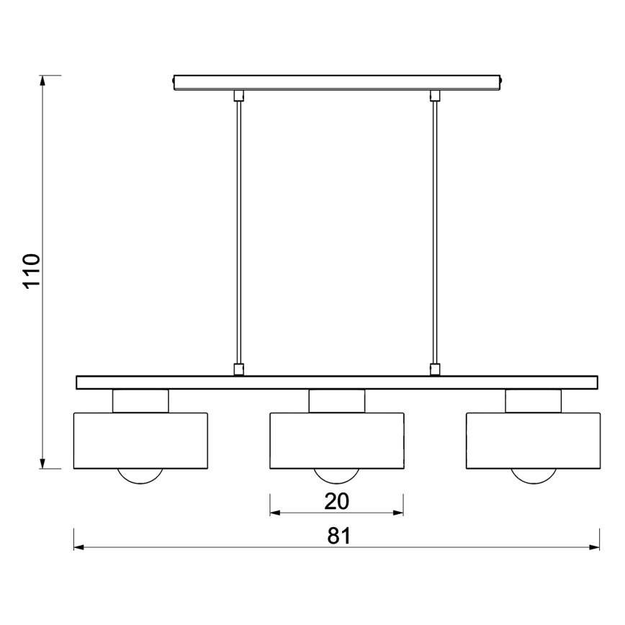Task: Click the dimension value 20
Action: pos(336,500)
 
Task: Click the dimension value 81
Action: pos(338,536)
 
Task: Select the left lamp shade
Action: pos(140,440)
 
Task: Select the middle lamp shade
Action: pos(336,440)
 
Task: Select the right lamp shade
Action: pos(533,440)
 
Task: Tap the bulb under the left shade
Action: pos(140,475)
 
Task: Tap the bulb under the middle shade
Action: pos(336,475)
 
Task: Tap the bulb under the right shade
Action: pos(533,475)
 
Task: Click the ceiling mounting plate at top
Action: pos(336,82)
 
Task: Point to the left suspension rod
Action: pos(238,230)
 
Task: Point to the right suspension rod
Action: pos(434,230)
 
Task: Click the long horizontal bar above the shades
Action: pos(336,382)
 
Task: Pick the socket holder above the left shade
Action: pos(140,401)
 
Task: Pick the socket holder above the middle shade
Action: pos(336,401)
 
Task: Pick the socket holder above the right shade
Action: pos(533,401)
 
